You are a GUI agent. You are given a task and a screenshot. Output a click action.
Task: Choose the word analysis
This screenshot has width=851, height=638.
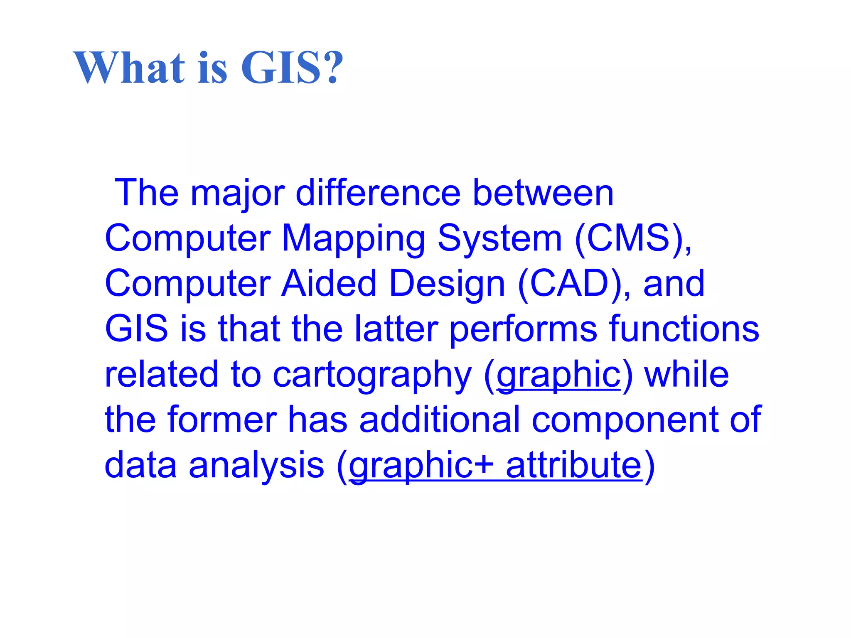pos(256,465)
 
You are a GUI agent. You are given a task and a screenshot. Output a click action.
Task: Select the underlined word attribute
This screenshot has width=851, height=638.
pos(574,465)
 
